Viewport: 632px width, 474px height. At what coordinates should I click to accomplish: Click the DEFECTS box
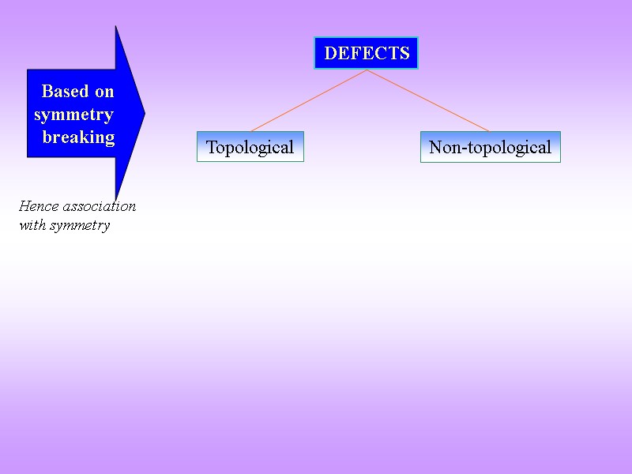coord(366,53)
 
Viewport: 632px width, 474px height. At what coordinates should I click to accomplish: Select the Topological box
coord(250,147)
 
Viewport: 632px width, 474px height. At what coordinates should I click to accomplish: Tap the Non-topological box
coord(490,147)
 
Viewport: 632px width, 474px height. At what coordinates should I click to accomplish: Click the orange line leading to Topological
coord(308,100)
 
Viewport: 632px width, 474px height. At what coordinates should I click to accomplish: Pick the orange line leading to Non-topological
coord(428,100)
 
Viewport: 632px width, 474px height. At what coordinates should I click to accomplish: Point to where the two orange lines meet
coord(367,70)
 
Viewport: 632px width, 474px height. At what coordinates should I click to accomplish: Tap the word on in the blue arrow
coord(104,92)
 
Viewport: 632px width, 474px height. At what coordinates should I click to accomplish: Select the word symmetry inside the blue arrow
coord(73,115)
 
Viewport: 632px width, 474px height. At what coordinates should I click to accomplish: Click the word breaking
coord(78,137)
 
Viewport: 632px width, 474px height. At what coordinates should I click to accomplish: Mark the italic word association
coord(97,206)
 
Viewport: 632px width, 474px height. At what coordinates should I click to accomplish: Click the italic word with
coord(32,226)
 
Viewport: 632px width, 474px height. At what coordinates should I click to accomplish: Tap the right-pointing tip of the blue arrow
coord(145,113)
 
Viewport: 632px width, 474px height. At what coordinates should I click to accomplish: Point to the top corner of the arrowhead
coord(116,27)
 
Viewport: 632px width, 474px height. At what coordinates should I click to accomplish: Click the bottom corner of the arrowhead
coord(116,200)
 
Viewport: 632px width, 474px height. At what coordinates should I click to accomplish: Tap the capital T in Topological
coord(211,147)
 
